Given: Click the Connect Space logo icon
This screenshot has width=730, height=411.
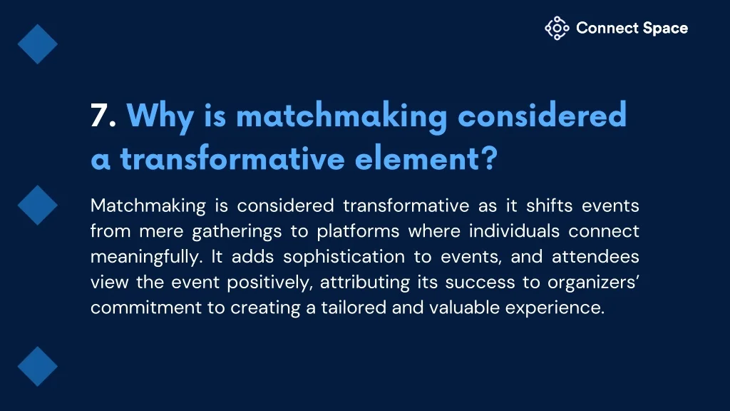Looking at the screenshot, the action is pyautogui.click(x=557, y=29).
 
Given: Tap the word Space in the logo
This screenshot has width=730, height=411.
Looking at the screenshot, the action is pyautogui.click(x=665, y=29).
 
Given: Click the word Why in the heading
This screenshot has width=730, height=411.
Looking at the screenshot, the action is pyautogui.click(x=160, y=116).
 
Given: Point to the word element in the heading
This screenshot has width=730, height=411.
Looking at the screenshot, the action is pyautogui.click(x=417, y=158).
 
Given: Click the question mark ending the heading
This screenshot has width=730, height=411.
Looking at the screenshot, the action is pyautogui.click(x=489, y=158).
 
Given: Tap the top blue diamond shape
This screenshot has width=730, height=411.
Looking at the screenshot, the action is pyautogui.click(x=38, y=44).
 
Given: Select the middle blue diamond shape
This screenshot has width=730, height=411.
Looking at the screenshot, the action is pyautogui.click(x=38, y=205).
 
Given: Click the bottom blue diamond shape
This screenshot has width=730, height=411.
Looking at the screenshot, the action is pyautogui.click(x=38, y=366).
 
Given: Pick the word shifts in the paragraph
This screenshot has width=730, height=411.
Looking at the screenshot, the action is pyautogui.click(x=550, y=205).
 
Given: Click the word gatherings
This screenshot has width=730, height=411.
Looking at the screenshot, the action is pyautogui.click(x=237, y=232).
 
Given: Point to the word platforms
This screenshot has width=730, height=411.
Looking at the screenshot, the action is pyautogui.click(x=358, y=232).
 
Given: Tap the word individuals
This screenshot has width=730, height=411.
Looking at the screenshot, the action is pyautogui.click(x=514, y=231).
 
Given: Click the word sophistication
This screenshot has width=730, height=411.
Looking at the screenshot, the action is pyautogui.click(x=344, y=257).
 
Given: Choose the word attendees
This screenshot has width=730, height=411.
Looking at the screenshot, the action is pyautogui.click(x=595, y=257).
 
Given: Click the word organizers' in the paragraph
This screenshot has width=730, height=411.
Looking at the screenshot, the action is pyautogui.click(x=593, y=283).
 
